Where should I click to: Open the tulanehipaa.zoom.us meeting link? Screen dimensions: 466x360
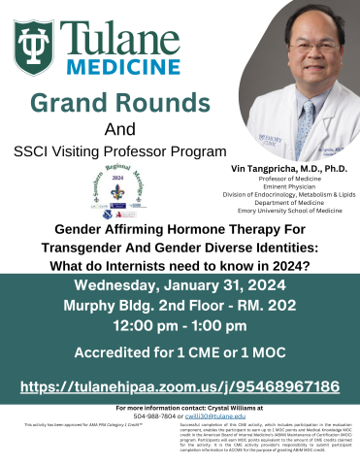coord(180,385)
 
